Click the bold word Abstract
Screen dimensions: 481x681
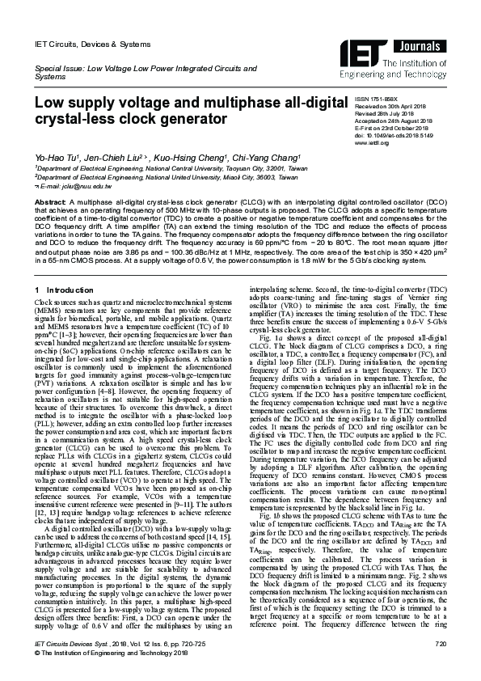pyautogui.click(x=49, y=200)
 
